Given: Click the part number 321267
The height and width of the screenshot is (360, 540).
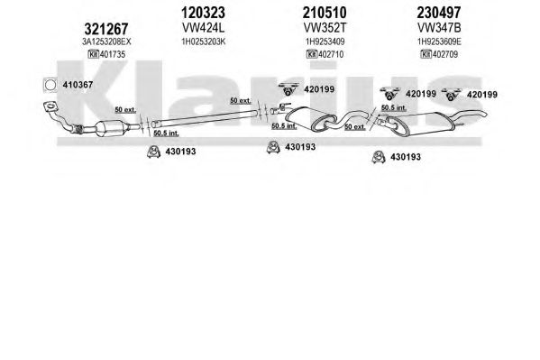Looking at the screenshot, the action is [106, 29].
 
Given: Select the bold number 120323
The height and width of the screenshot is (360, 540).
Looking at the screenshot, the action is [203, 13].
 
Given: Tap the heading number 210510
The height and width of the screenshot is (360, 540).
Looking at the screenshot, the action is [325, 13].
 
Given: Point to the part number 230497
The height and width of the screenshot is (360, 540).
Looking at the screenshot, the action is [439, 13].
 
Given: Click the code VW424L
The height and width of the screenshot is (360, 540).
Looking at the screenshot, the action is [203, 27].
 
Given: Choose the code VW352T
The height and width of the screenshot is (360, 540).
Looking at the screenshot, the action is [325, 27].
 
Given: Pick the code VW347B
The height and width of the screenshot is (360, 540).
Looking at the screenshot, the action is [439, 27].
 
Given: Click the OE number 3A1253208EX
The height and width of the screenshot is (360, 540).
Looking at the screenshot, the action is [106, 42].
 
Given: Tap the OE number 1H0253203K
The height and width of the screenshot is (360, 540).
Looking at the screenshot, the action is [204, 42].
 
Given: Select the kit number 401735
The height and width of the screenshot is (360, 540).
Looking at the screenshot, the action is [113, 54].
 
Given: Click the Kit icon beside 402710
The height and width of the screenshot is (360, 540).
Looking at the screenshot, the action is [312, 54].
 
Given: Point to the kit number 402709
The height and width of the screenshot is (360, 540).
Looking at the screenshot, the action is [445, 54].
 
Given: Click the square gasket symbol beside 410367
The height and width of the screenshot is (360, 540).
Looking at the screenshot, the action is [50, 85].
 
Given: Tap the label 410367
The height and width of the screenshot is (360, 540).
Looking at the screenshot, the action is [78, 85].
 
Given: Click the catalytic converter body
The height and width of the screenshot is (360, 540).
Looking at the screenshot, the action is [111, 128].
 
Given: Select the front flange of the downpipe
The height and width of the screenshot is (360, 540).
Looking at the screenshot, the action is [50, 106].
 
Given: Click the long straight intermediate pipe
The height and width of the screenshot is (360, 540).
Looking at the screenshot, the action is [205, 117].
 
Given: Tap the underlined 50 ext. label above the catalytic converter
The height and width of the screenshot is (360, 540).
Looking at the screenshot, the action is [125, 110].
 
